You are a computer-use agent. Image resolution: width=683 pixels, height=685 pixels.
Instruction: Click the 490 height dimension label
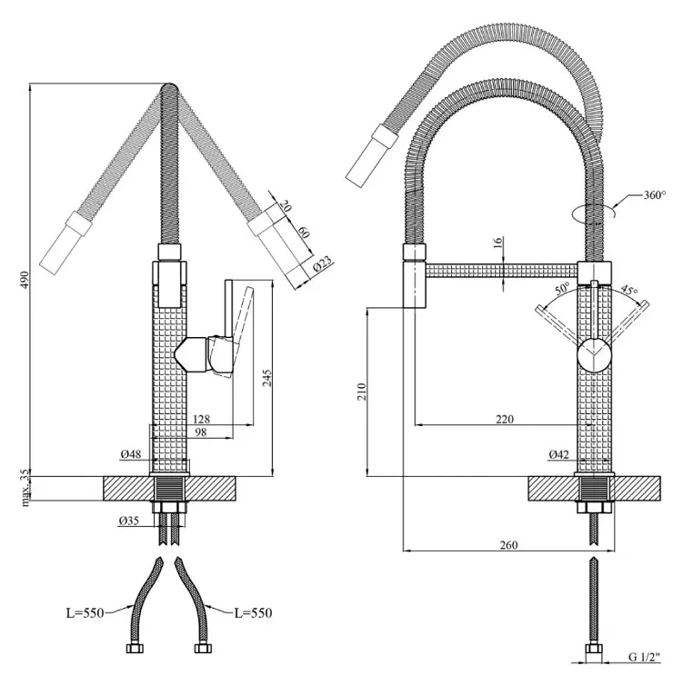25,280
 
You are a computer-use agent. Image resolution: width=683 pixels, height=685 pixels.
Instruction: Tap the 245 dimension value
266,378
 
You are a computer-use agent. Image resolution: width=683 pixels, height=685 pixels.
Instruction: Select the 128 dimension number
202,420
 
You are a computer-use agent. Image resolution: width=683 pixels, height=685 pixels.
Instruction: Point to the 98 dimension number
201,432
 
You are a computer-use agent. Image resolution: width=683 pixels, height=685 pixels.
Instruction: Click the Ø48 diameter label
131,454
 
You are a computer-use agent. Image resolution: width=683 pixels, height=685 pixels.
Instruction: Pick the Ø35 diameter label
128,521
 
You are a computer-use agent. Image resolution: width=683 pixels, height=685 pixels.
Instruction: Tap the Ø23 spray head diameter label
323,263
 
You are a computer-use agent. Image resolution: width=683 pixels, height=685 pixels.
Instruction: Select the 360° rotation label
654,194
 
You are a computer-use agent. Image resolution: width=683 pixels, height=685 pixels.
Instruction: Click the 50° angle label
563,288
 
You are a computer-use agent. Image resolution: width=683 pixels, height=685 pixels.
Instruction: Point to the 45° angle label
629,290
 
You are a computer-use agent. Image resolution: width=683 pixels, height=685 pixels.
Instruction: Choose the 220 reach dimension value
505,420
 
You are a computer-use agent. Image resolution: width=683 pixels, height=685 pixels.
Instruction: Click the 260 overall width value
508,545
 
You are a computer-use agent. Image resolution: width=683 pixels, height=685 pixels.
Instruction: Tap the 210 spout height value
361,392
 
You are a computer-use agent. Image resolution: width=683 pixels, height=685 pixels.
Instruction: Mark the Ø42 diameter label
559,455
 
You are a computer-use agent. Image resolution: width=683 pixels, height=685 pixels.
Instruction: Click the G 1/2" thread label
645,669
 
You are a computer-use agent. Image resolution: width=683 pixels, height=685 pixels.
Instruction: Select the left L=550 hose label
85,613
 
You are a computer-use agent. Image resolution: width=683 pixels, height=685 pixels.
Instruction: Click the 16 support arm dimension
499,242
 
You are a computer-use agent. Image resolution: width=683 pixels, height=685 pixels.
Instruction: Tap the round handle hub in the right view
594,355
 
